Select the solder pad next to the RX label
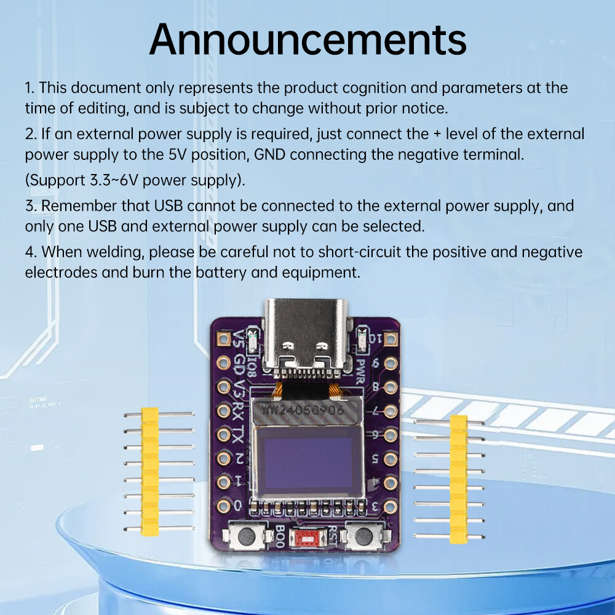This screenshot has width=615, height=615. click(x=223, y=410)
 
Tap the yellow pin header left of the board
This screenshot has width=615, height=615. click(x=149, y=470)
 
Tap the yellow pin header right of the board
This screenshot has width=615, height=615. click(x=458, y=479)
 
